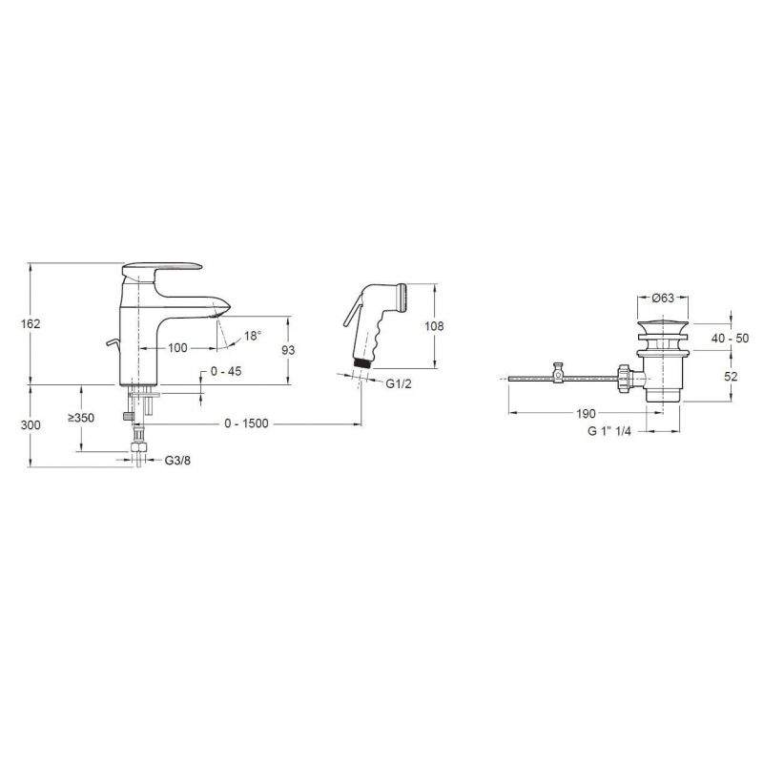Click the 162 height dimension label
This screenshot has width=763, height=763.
pyautogui.click(x=31, y=323)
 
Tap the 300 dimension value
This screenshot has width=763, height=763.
pyautogui.click(x=31, y=424)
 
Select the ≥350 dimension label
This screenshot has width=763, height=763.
pyautogui.click(x=81, y=418)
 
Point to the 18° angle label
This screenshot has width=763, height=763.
pyautogui.click(x=253, y=336)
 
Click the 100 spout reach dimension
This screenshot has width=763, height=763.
pyautogui.click(x=177, y=348)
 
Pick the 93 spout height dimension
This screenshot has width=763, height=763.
pyautogui.click(x=289, y=350)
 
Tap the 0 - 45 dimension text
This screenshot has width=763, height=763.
pyautogui.click(x=226, y=371)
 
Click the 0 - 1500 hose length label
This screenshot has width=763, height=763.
pyautogui.click(x=246, y=423)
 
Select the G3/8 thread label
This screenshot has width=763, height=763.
pyautogui.click(x=177, y=461)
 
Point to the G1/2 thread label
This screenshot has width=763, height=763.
pyautogui.click(x=399, y=384)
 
